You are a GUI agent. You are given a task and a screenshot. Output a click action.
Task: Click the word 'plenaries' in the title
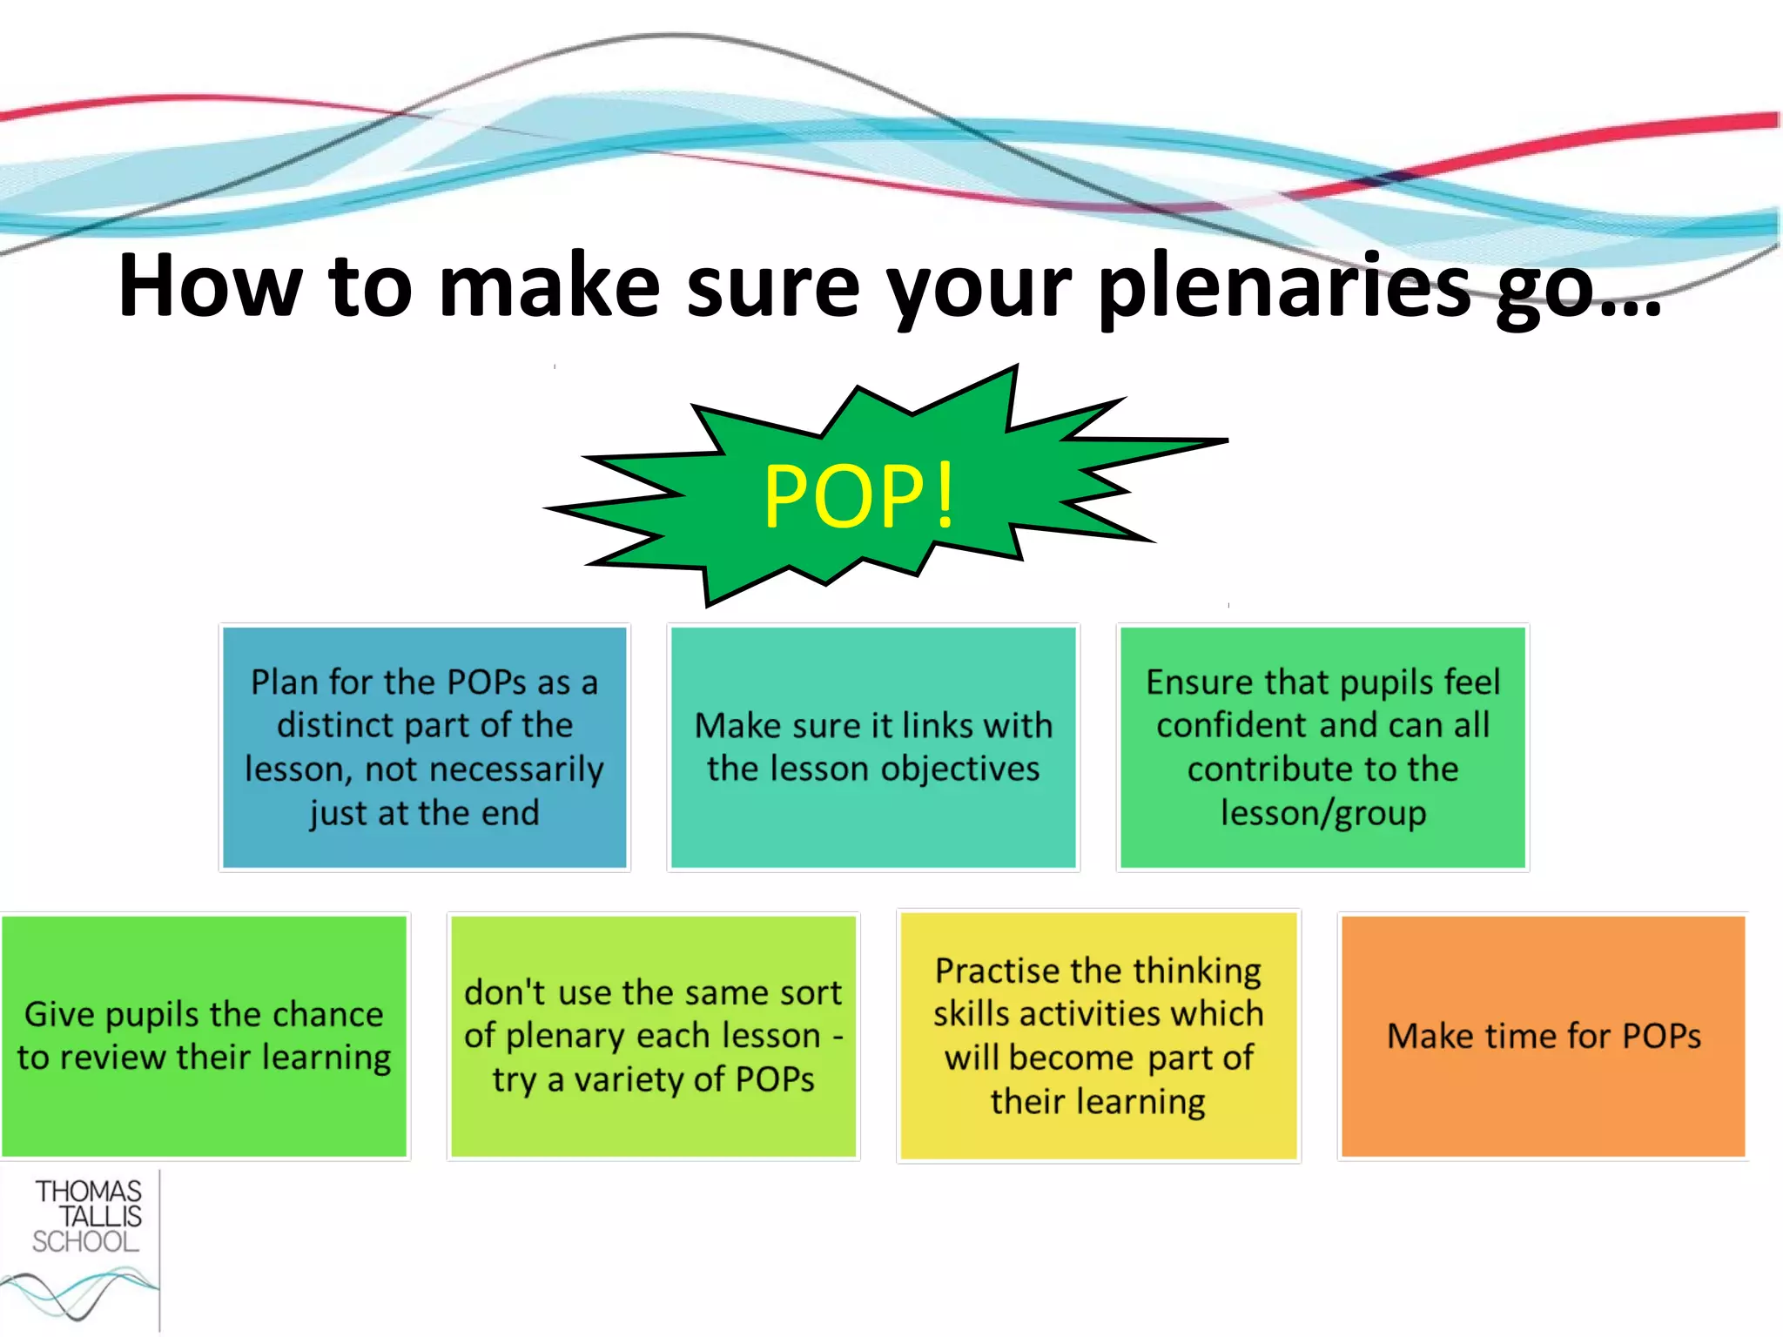pos(1284,287)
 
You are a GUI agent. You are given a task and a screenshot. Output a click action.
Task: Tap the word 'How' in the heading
pos(211,287)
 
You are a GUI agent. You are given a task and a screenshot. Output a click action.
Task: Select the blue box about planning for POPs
pos(425,747)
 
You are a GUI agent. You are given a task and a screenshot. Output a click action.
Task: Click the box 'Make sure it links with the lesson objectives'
pos(873,747)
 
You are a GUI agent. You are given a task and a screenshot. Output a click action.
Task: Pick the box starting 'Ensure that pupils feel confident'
pos(1322,747)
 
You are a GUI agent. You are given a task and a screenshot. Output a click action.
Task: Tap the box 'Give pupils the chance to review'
pos(204,1036)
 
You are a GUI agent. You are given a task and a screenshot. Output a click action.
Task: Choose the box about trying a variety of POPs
pos(653,1036)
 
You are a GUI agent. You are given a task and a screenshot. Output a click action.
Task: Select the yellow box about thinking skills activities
pos(1098,1036)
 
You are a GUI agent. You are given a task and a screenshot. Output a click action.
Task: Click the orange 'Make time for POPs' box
pos(1544,1036)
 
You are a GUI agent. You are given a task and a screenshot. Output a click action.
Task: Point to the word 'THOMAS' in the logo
pos(89,1192)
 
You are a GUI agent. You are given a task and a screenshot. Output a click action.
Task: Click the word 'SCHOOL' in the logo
pos(85,1242)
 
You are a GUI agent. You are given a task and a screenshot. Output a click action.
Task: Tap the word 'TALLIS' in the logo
pos(99,1217)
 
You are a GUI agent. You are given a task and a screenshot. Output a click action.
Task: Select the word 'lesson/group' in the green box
pos(1323,814)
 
